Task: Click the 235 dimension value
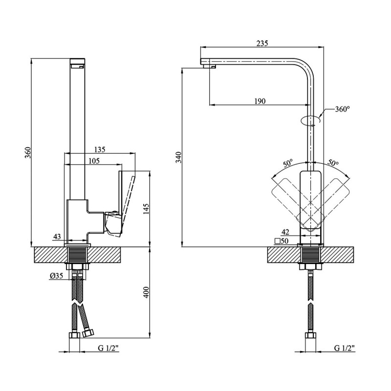pos(262,43)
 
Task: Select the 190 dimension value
pos(260,101)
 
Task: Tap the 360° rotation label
pos(342,109)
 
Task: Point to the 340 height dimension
pos(179,157)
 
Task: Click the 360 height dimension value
pos(28,152)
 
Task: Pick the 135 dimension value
pos(100,150)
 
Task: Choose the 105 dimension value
pos(94,161)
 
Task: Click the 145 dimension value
pos(146,209)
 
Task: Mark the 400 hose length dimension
pos(146,292)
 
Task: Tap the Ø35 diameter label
pos(56,276)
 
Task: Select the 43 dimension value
pos(57,237)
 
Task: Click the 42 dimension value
pos(285,232)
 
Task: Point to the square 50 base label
pos(282,241)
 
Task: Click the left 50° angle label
pos(288,164)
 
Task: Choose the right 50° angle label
pos(333,163)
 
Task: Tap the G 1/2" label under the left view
pos(109,348)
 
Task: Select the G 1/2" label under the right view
pos(345,348)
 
